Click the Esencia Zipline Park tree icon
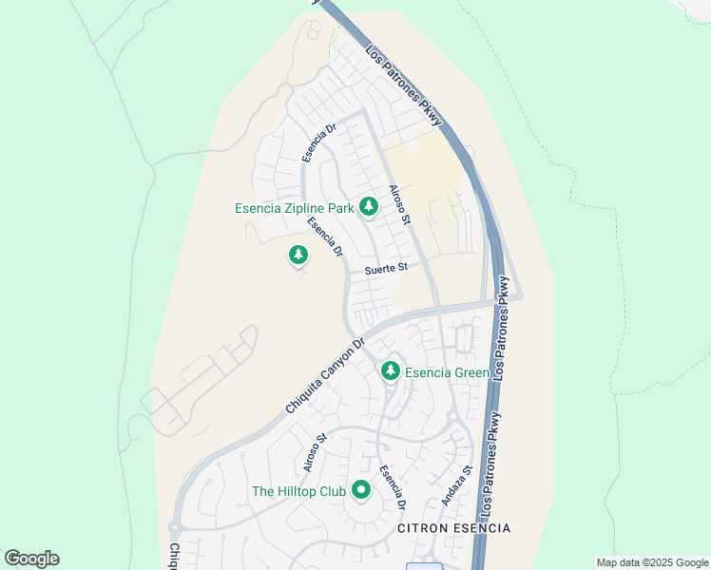[x=368, y=207]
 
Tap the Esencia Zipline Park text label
[x=294, y=208]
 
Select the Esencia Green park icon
[x=390, y=371]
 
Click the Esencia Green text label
[x=447, y=372]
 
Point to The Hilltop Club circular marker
[x=360, y=490]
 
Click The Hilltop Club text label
[x=298, y=491]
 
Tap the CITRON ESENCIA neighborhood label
[x=453, y=528]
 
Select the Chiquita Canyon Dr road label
[x=325, y=376]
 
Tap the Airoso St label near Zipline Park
[x=399, y=204]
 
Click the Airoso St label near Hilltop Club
[x=315, y=451]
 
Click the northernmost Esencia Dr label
[x=319, y=142]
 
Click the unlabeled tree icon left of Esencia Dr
[x=298, y=255]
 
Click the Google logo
[x=31, y=559]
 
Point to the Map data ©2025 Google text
[x=651, y=562]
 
